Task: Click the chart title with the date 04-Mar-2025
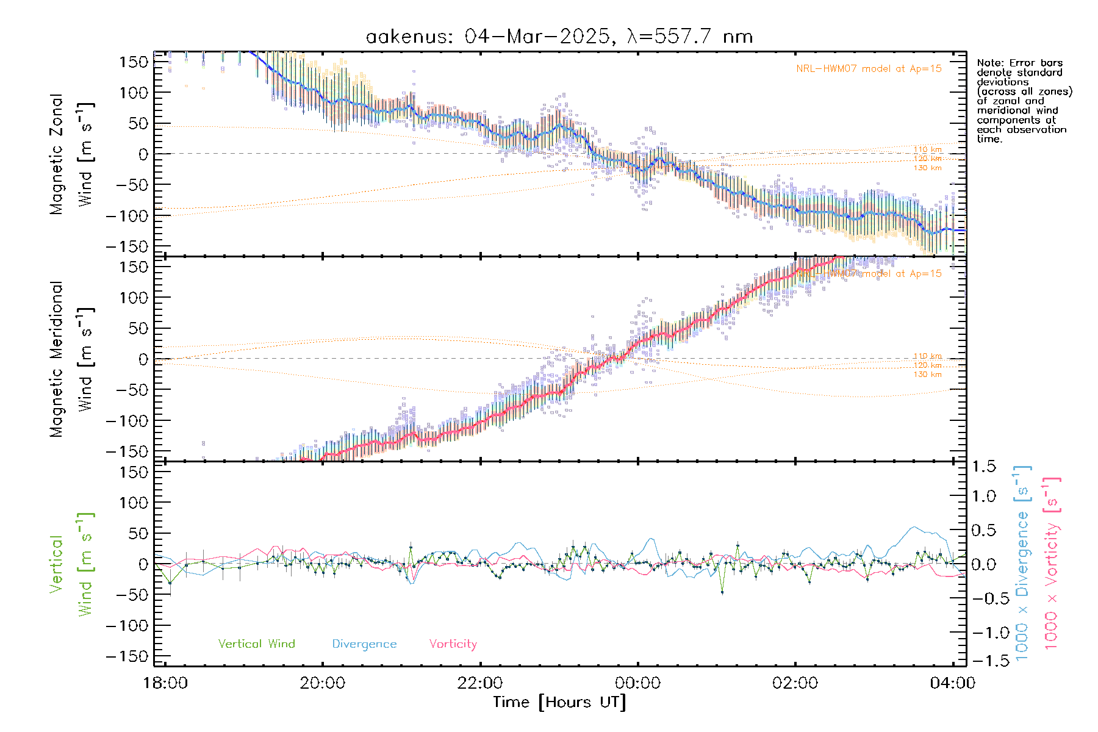(x=559, y=37)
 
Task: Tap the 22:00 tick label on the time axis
(x=480, y=683)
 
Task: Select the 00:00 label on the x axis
(x=637, y=683)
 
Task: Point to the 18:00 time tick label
(x=165, y=683)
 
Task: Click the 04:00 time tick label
(x=952, y=683)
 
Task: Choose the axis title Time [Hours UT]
(x=559, y=703)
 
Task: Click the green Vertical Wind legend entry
(x=256, y=644)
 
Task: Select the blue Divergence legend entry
(x=364, y=644)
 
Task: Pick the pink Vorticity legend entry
(x=453, y=644)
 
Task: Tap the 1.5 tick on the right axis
(x=984, y=467)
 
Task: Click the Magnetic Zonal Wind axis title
(x=72, y=154)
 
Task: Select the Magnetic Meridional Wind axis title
(x=72, y=359)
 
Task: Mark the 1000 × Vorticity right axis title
(x=1052, y=562)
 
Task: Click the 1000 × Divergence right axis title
(x=1022, y=562)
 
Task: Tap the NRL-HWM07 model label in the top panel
(x=869, y=69)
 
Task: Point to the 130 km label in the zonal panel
(x=927, y=168)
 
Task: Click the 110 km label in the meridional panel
(x=927, y=356)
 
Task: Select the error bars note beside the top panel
(x=1024, y=101)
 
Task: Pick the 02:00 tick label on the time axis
(x=795, y=683)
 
